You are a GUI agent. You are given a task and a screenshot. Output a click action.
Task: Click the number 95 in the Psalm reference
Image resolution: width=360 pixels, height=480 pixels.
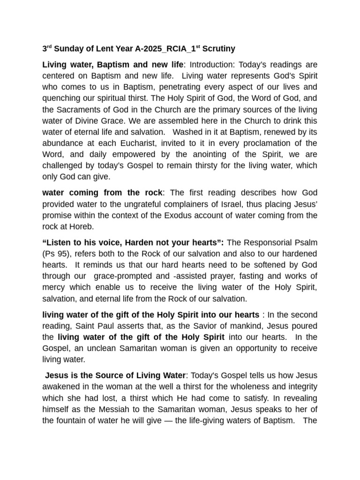(x=60, y=254)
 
